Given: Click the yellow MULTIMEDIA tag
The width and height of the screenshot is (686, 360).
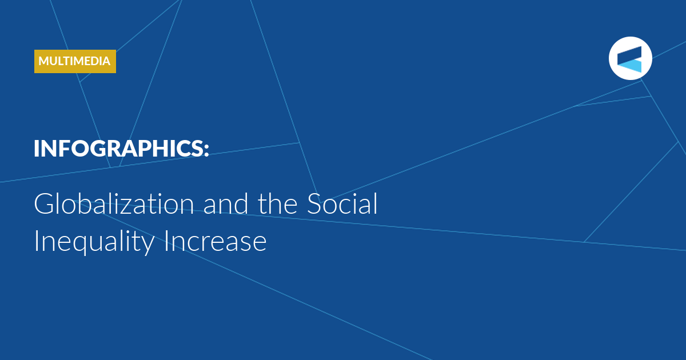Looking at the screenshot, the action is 75,61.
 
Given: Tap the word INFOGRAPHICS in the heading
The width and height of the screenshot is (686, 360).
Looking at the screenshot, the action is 118,149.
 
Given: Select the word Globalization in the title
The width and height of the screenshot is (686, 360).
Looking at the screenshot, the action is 114,203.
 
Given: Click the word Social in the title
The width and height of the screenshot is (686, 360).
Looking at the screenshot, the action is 342,203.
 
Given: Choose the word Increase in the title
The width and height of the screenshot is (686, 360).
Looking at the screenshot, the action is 216,241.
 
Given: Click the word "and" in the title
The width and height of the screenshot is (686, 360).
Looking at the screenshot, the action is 226,203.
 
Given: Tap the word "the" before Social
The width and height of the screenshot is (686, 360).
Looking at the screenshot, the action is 277,203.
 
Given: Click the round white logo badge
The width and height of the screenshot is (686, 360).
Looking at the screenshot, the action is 630,58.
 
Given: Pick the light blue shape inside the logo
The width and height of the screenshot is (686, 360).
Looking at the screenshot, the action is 632,66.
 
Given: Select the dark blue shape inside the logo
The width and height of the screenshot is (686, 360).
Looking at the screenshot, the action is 629,54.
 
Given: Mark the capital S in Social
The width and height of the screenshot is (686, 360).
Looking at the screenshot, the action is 315,203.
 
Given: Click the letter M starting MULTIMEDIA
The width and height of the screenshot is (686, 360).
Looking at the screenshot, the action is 45,61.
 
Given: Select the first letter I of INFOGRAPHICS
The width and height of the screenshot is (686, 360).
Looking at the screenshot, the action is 37,149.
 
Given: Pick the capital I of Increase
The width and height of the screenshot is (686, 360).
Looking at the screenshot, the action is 166,241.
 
